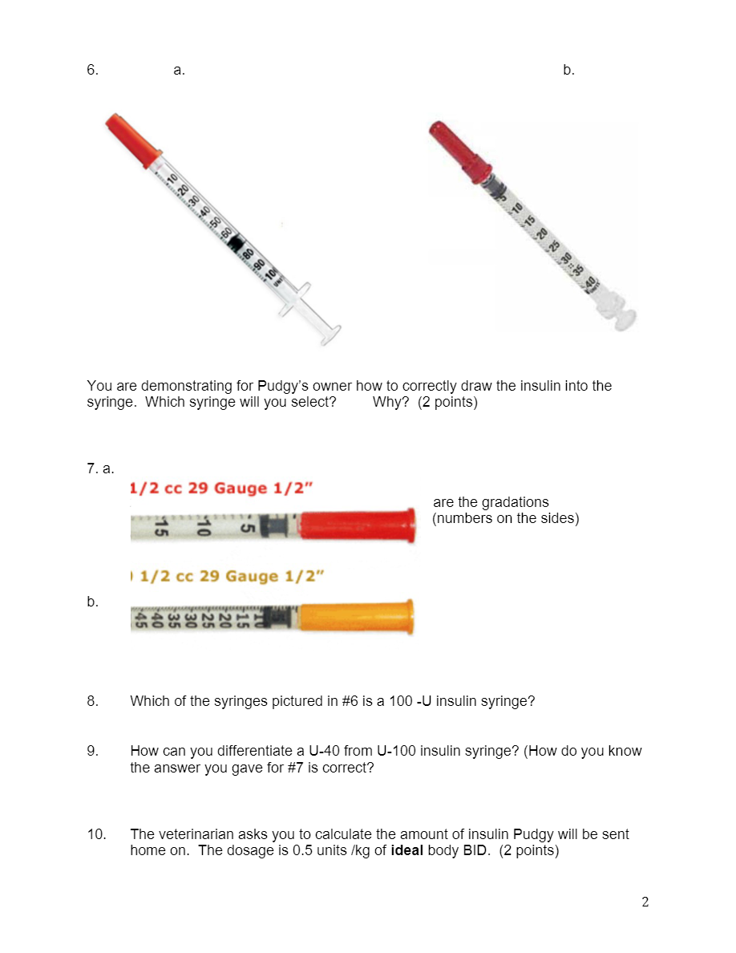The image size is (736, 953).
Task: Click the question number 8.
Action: pos(92,701)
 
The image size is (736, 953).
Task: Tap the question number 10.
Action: pos(96,834)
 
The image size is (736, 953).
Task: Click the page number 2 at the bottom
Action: pos(645,902)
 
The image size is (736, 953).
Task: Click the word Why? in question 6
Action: pos(390,402)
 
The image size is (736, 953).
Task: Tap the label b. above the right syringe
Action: pos(568,70)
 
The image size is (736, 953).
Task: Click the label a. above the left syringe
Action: pos(179,70)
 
